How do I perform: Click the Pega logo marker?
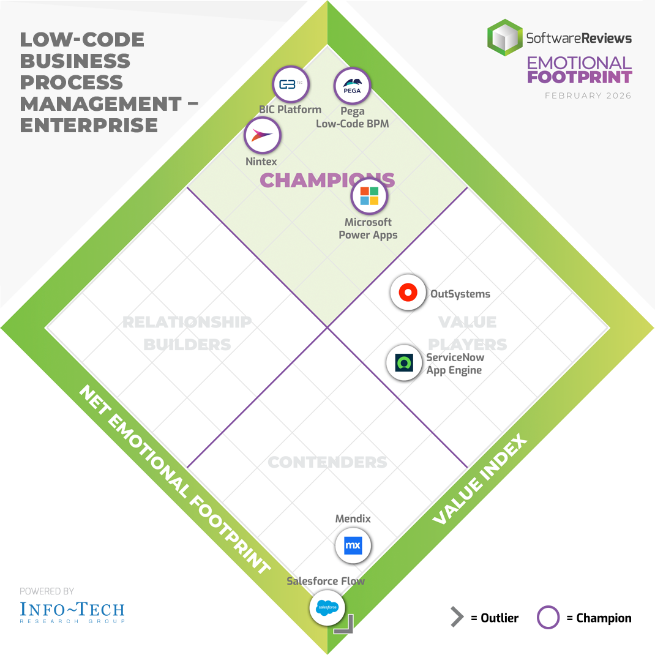[x=352, y=86]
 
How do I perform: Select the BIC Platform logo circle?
[x=290, y=85]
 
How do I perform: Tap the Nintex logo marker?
[x=263, y=135]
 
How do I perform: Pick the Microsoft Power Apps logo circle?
[x=369, y=196]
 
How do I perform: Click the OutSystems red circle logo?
[x=408, y=293]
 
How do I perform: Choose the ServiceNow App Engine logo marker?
[x=405, y=363]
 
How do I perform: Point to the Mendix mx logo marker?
[x=353, y=545]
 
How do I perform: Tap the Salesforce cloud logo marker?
[x=327, y=607]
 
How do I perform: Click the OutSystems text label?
[x=460, y=294]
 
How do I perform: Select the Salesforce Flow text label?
[x=326, y=581]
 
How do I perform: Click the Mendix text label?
[x=353, y=519]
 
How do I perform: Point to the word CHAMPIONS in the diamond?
[x=327, y=180]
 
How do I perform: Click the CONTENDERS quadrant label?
[x=327, y=462]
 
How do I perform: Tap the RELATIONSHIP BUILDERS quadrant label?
[x=187, y=333]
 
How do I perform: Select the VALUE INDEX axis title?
[x=479, y=480]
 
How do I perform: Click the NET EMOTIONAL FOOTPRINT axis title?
[x=174, y=480]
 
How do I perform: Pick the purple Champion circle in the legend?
[x=548, y=618]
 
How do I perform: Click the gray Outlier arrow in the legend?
[x=457, y=618]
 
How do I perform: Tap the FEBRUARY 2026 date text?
[x=588, y=95]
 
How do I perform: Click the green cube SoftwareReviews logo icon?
[x=505, y=37]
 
